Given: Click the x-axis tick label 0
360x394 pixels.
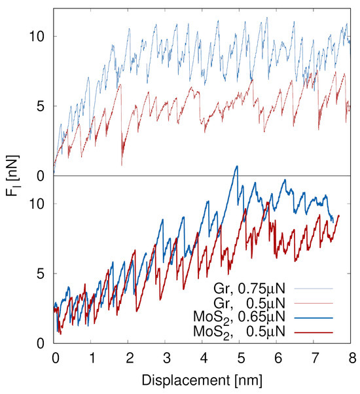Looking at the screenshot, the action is (56, 358).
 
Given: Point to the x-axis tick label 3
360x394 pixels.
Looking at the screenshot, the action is (167, 358).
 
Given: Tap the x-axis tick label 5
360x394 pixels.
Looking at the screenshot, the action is (241, 358).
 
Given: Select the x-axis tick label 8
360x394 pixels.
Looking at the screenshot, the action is (352, 358).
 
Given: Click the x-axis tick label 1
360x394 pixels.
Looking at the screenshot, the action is (93, 358).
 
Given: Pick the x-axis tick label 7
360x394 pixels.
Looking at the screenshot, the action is (315, 358).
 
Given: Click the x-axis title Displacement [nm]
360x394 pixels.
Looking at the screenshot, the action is (202, 380).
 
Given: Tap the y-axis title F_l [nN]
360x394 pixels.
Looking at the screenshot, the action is (12, 175).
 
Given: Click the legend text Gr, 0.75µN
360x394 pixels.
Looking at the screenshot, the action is (249, 289).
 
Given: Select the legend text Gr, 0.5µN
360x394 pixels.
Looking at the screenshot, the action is (249, 303).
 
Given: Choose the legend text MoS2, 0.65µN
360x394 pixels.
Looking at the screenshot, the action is (240, 318).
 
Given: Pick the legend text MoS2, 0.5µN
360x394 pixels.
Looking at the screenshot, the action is (240, 332).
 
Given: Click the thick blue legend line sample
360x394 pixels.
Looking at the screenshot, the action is (314, 318).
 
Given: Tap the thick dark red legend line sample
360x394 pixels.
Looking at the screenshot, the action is (314, 332).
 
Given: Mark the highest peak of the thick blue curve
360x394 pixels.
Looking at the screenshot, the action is (236, 166).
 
